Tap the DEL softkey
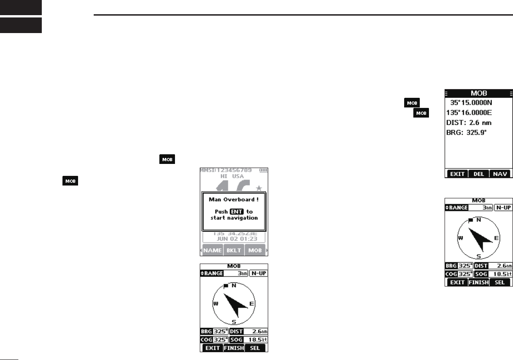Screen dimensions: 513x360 pos(478,174)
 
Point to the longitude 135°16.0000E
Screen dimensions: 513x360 pos(472,112)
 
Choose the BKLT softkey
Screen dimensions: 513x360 pos(234,250)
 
